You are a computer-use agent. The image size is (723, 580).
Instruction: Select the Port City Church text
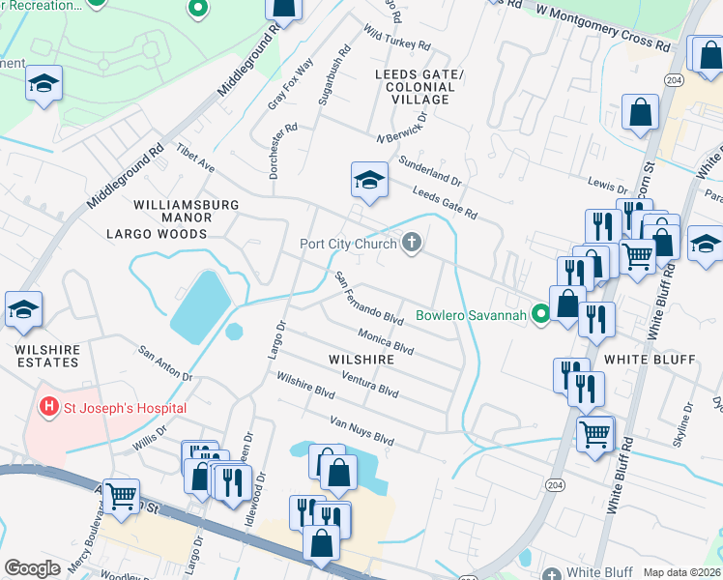348,244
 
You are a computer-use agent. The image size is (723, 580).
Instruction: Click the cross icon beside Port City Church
413,243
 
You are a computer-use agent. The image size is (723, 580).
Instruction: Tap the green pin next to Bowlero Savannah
541,314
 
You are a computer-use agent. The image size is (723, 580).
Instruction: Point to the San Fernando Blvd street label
368,298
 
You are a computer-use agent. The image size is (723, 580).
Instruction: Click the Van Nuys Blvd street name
361,431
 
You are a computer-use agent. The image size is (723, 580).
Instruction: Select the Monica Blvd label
386,340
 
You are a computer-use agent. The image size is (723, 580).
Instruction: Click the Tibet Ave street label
195,160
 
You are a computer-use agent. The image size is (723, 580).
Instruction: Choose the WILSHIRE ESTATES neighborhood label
46,355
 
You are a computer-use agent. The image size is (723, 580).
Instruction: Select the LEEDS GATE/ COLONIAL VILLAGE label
419,87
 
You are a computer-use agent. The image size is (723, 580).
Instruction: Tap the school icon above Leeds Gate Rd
368,180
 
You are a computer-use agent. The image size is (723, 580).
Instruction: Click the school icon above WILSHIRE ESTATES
24,309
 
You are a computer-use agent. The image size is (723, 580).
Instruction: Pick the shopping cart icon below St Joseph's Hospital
121,497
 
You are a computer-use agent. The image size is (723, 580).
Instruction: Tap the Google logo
32,568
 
